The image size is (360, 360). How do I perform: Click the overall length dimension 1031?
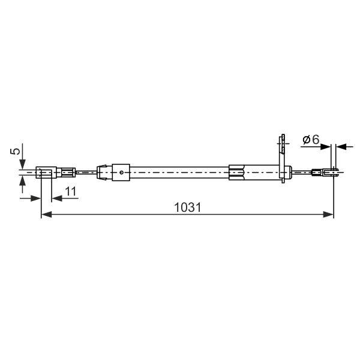tap(187, 208)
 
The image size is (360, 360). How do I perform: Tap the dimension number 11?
tap(71, 191)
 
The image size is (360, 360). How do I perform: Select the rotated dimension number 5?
tap(16, 151)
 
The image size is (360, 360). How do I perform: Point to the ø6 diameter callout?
tap(311, 139)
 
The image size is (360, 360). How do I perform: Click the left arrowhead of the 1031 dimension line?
tap(46, 215)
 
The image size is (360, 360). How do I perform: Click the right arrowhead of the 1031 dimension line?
tap(328, 215)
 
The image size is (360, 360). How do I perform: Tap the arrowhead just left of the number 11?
tap(57, 198)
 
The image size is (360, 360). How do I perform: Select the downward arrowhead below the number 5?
tap(22, 164)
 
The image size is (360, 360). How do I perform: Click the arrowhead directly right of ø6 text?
tap(326, 147)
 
